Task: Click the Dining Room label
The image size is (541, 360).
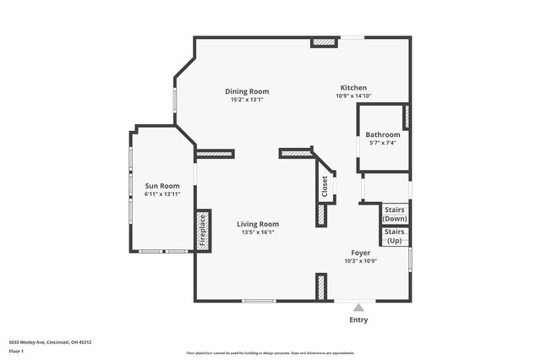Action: tap(247, 91)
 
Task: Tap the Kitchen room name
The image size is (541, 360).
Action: tap(353, 88)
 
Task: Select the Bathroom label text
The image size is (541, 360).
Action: tap(382, 134)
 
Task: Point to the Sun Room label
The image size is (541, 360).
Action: tap(162, 186)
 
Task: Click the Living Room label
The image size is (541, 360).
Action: tap(258, 224)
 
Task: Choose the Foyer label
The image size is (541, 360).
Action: tap(361, 253)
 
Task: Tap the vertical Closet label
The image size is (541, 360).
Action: tap(325, 186)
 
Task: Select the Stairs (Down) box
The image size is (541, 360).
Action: tap(395, 214)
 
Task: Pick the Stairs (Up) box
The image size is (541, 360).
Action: tap(395, 237)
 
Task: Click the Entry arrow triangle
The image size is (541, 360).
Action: tap(358, 308)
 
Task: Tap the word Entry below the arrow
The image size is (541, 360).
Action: tap(358, 320)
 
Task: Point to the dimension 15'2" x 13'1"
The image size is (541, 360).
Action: tap(247, 100)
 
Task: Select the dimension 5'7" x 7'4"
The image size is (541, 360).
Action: tap(382, 143)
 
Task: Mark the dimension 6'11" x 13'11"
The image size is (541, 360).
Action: tap(162, 194)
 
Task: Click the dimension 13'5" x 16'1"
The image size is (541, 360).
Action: tap(258, 232)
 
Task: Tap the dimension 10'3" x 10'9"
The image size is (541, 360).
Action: tap(361, 261)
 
